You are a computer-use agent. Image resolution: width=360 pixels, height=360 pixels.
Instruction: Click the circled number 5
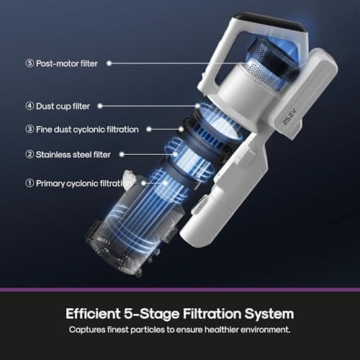point(30,63)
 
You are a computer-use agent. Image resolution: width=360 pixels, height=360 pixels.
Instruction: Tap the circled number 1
point(30,184)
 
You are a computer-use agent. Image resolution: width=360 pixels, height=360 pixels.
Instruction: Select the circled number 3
point(30,130)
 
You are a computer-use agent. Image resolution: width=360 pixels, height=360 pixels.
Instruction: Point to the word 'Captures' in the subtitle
point(89,330)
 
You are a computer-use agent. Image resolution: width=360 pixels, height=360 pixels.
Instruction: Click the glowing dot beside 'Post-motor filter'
point(110,63)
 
